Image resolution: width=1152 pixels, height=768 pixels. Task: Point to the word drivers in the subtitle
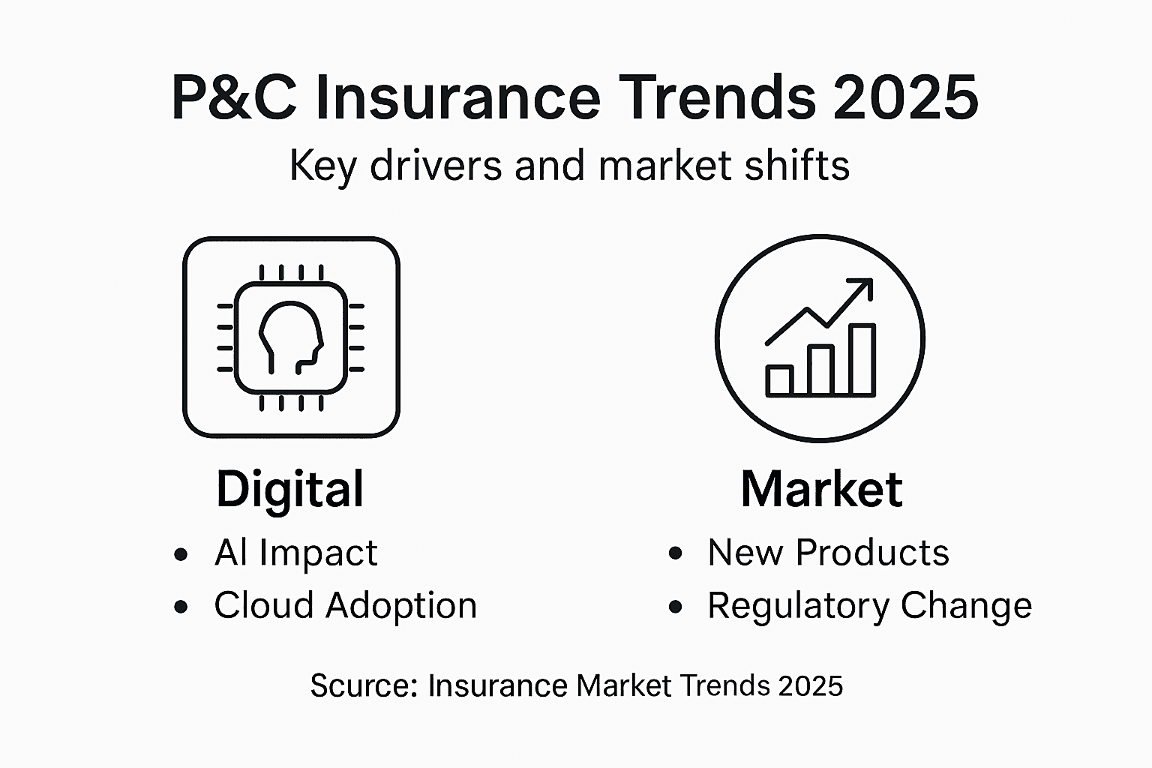[x=436, y=166]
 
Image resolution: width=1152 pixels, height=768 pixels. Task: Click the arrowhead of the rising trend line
[x=862, y=289]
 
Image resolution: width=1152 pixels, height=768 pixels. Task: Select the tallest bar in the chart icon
[x=862, y=360]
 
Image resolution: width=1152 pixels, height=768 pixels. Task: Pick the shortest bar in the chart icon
[x=779, y=380]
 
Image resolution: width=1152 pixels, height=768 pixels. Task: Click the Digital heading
[x=290, y=489]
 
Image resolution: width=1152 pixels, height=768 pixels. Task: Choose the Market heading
[x=821, y=489]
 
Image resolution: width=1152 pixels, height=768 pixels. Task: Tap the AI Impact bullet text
[x=295, y=553]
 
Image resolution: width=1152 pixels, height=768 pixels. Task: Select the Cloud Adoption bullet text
[x=345, y=605]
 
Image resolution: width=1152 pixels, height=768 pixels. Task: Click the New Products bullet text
[x=828, y=553]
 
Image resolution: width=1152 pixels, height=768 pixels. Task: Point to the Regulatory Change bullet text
[x=869, y=606]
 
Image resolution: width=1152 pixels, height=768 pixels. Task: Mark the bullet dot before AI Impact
[x=181, y=555]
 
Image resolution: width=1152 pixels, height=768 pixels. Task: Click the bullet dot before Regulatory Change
[x=676, y=607]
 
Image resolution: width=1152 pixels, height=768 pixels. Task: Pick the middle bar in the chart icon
[x=821, y=370]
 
